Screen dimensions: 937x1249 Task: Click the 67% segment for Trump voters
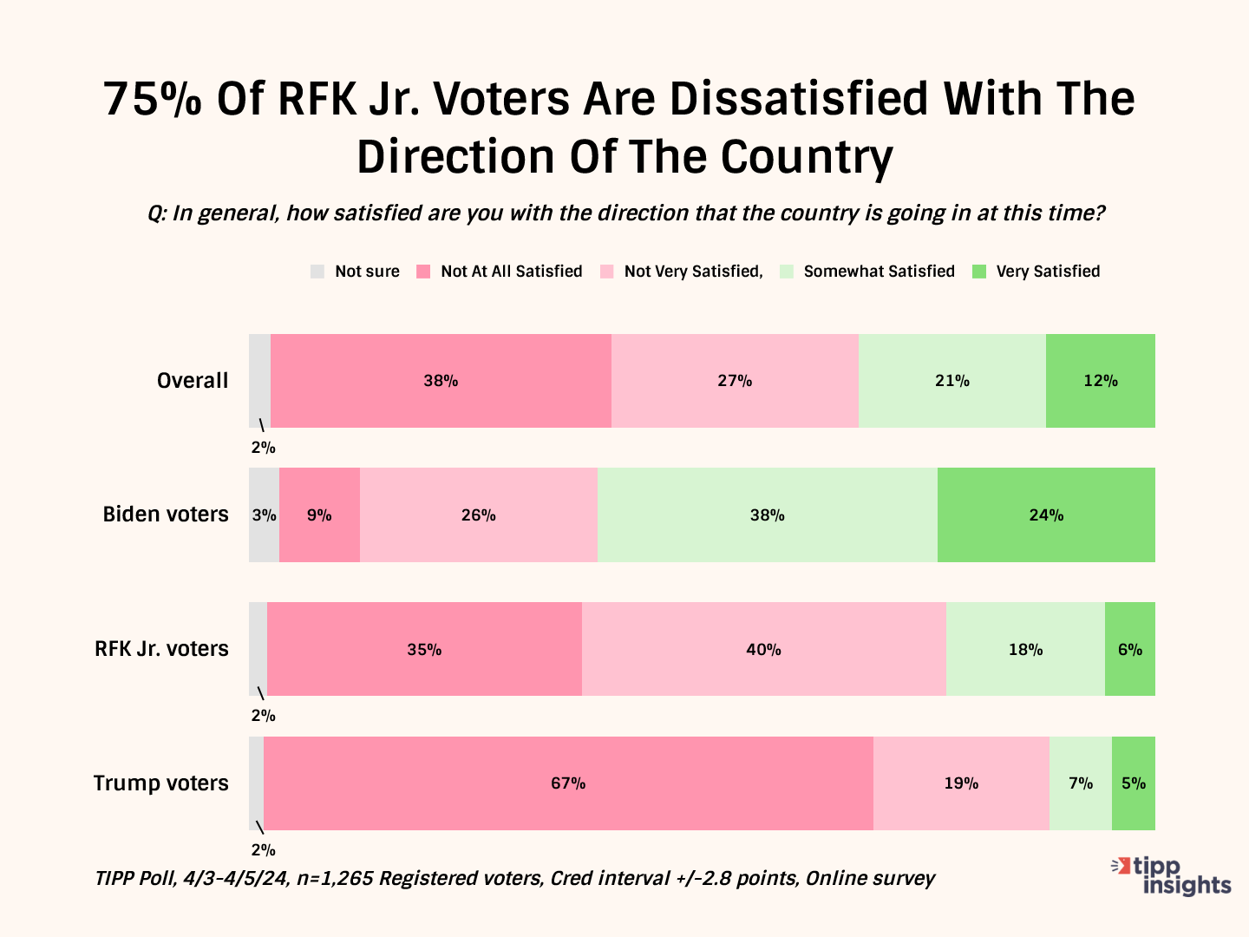[x=568, y=783]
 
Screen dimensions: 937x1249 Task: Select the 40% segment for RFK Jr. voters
[x=763, y=649]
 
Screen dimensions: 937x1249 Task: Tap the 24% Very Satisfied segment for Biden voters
[x=1046, y=515]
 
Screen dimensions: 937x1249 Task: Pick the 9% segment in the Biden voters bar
[x=319, y=515]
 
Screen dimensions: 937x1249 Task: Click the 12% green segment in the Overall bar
[x=1100, y=381]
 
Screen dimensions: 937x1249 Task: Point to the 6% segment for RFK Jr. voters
[x=1129, y=649]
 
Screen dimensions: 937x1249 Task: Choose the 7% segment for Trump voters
[x=1081, y=783]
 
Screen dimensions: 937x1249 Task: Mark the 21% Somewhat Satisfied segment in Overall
[x=951, y=381]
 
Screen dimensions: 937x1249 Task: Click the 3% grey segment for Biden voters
[x=264, y=515]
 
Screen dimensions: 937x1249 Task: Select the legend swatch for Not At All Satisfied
[x=423, y=272]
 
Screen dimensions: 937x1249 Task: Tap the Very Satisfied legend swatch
[x=979, y=272]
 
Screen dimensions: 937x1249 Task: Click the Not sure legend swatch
[x=317, y=272]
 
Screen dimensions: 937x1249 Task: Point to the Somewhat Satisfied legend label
[x=879, y=272]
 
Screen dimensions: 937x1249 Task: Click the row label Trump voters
[x=160, y=783]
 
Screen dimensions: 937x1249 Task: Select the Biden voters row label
[x=166, y=514]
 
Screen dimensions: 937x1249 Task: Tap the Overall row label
[x=193, y=381]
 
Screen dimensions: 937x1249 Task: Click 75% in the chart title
[x=153, y=99]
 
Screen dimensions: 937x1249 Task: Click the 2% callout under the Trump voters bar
[x=263, y=850]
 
